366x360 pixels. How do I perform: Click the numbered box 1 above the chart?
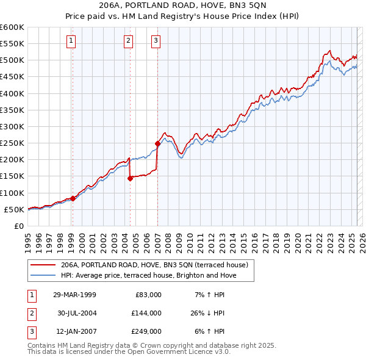[x=71, y=41]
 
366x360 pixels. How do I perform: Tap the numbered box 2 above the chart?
[x=129, y=41]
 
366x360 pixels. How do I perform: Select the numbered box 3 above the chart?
[x=156, y=41]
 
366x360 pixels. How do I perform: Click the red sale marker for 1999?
[x=73, y=198]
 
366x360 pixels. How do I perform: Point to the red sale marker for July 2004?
[x=130, y=178]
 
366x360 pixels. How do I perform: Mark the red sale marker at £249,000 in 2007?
[x=157, y=143]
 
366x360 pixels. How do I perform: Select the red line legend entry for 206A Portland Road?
[x=154, y=265]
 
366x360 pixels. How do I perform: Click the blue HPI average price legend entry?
[x=148, y=276]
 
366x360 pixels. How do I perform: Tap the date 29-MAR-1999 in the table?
[x=75, y=295]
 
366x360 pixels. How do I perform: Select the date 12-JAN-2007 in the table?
[x=75, y=331]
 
